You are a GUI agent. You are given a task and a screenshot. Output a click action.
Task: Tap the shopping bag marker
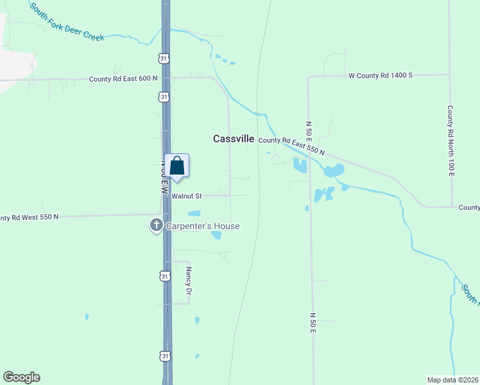click(x=177, y=167)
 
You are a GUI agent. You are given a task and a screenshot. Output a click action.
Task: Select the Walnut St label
click(x=187, y=196)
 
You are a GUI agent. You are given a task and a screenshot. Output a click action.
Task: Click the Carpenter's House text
click(x=203, y=226)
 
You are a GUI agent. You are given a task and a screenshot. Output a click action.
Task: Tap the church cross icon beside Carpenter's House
click(x=156, y=225)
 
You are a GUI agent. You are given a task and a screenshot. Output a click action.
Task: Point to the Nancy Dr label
click(x=189, y=282)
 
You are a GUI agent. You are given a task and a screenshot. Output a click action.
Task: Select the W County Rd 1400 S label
click(x=381, y=75)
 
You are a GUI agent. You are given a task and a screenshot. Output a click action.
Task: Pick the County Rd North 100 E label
click(x=451, y=141)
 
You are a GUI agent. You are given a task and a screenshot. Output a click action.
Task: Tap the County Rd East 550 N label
click(x=292, y=146)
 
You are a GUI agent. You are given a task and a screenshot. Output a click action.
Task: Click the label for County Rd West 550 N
click(x=30, y=217)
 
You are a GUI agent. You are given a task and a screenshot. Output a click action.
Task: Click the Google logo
click(x=21, y=377)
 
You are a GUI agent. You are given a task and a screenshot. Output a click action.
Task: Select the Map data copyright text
click(x=452, y=379)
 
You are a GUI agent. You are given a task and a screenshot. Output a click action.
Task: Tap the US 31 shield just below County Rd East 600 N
click(x=165, y=97)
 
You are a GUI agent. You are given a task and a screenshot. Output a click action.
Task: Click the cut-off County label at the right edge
click(x=469, y=207)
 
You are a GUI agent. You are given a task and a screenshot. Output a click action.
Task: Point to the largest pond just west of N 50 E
click(x=300, y=166)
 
